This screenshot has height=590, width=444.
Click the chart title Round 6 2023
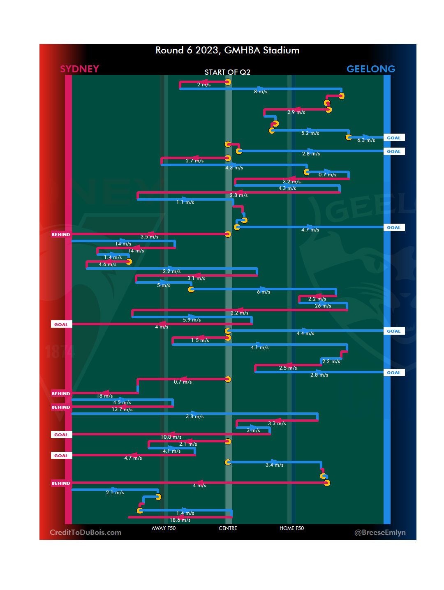point(227,50)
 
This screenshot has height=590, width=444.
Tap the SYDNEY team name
point(79,69)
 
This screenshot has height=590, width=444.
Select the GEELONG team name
point(371,69)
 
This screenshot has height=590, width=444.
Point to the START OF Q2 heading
point(227,72)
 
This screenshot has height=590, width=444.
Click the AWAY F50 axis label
point(164,528)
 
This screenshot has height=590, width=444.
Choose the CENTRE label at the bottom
point(228,528)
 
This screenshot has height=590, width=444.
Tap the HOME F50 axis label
point(291,528)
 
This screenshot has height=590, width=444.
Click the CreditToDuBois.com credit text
point(86,532)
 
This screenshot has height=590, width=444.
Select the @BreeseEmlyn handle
point(380,532)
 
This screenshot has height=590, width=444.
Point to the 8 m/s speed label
point(261,92)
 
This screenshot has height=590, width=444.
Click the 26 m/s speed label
point(323,306)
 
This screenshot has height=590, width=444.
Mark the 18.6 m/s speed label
point(180,520)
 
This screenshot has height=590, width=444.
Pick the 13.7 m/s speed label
point(122,410)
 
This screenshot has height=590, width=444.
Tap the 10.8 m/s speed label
point(171,437)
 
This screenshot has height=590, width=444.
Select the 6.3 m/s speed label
point(366,140)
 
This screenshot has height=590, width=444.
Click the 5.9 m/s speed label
point(192,320)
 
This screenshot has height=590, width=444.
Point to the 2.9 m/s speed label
point(296,112)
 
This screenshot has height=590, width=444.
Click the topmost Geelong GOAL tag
point(393,138)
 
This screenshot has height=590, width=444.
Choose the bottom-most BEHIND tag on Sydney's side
point(61,484)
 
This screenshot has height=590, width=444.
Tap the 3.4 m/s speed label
point(274,465)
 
